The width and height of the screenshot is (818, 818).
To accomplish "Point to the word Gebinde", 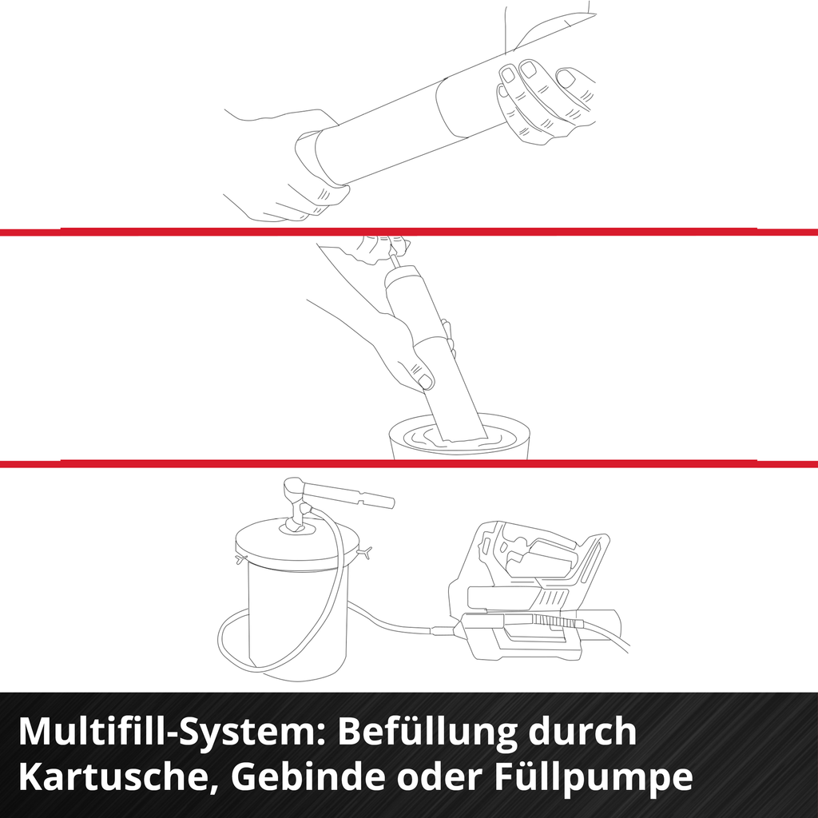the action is coord(308,776).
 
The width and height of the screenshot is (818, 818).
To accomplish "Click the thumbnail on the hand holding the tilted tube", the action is coord(426,381).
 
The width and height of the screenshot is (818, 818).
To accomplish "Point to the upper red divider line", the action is coord(409,232).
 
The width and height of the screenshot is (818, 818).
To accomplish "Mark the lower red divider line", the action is coord(409,464).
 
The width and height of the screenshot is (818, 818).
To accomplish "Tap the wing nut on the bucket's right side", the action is coord(366,551).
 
